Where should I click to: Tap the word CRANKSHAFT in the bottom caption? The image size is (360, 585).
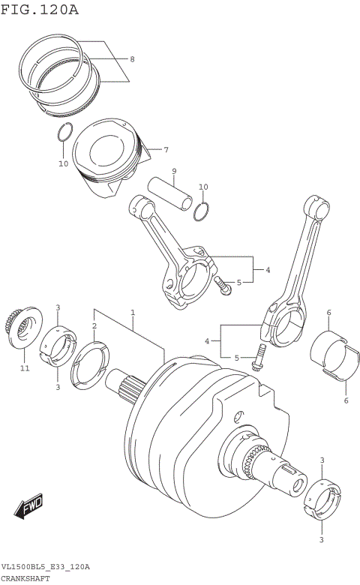[x=27, y=579]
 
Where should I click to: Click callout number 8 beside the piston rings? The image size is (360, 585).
[x=132, y=59]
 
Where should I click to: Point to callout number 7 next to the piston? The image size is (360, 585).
[x=166, y=148]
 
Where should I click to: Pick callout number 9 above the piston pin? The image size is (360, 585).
[x=173, y=171]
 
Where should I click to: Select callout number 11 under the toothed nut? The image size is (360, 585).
[x=24, y=368]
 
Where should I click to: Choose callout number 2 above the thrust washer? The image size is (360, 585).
[x=94, y=325]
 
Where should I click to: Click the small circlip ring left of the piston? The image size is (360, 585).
[x=64, y=133]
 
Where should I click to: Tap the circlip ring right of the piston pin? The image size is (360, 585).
[x=200, y=211]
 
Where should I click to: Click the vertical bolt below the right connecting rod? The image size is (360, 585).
[x=258, y=355]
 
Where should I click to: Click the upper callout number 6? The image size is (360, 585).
[x=328, y=312]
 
